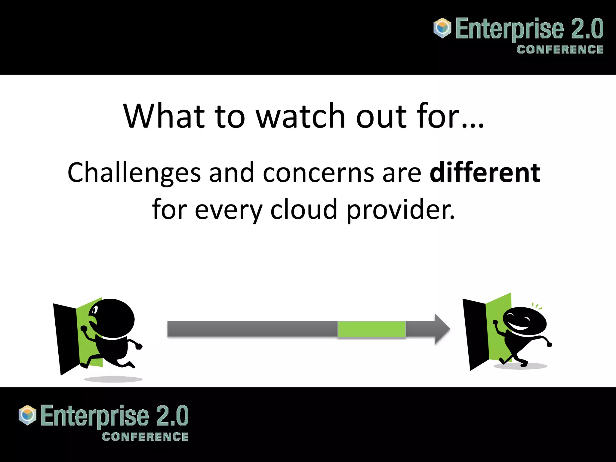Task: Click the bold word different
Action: click(485, 173)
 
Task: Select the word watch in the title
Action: click(300, 116)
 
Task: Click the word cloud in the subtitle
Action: click(303, 210)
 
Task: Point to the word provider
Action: click(400, 210)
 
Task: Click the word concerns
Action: click(318, 173)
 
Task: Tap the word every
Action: click(229, 210)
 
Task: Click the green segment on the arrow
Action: click(371, 329)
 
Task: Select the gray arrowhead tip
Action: click(444, 329)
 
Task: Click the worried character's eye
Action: click(95, 310)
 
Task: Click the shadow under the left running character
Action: click(113, 379)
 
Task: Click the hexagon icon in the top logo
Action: click(442, 28)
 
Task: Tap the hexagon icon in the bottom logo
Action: click(27, 415)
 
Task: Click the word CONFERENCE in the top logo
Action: click(560, 50)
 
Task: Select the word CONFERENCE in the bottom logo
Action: click(145, 436)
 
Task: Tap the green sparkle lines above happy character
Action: click(537, 306)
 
